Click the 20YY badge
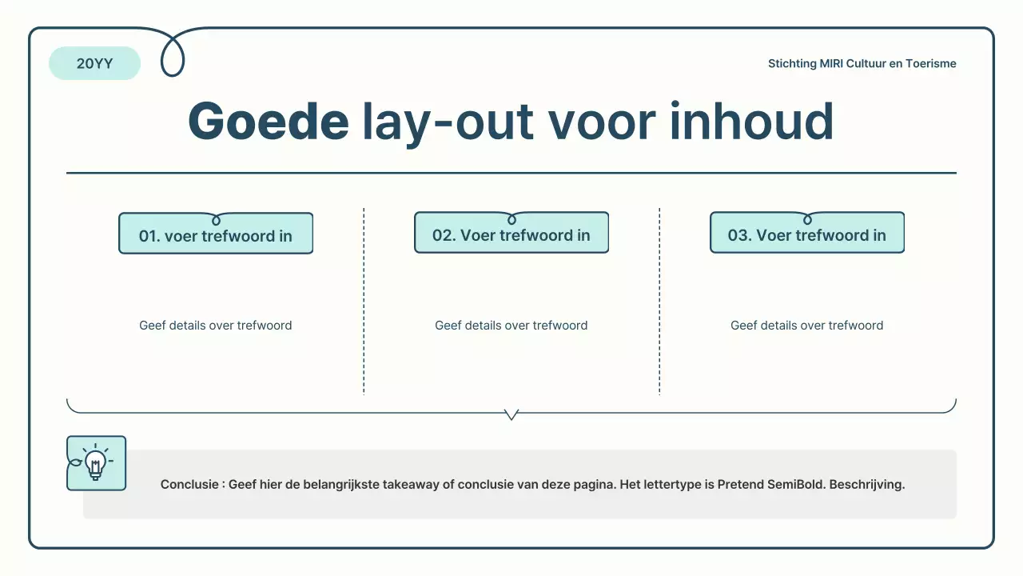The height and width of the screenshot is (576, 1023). [94, 64]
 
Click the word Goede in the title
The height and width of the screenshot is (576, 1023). [268, 122]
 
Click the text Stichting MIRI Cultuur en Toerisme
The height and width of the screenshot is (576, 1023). [862, 64]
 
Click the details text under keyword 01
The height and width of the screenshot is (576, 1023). [216, 326]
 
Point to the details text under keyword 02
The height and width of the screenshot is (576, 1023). [511, 326]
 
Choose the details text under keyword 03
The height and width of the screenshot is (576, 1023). [807, 326]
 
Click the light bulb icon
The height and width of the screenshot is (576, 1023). [96, 463]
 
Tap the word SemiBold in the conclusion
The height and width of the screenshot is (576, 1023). [793, 485]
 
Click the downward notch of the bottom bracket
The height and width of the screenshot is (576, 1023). [511, 415]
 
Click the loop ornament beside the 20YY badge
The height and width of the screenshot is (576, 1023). [173, 56]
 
